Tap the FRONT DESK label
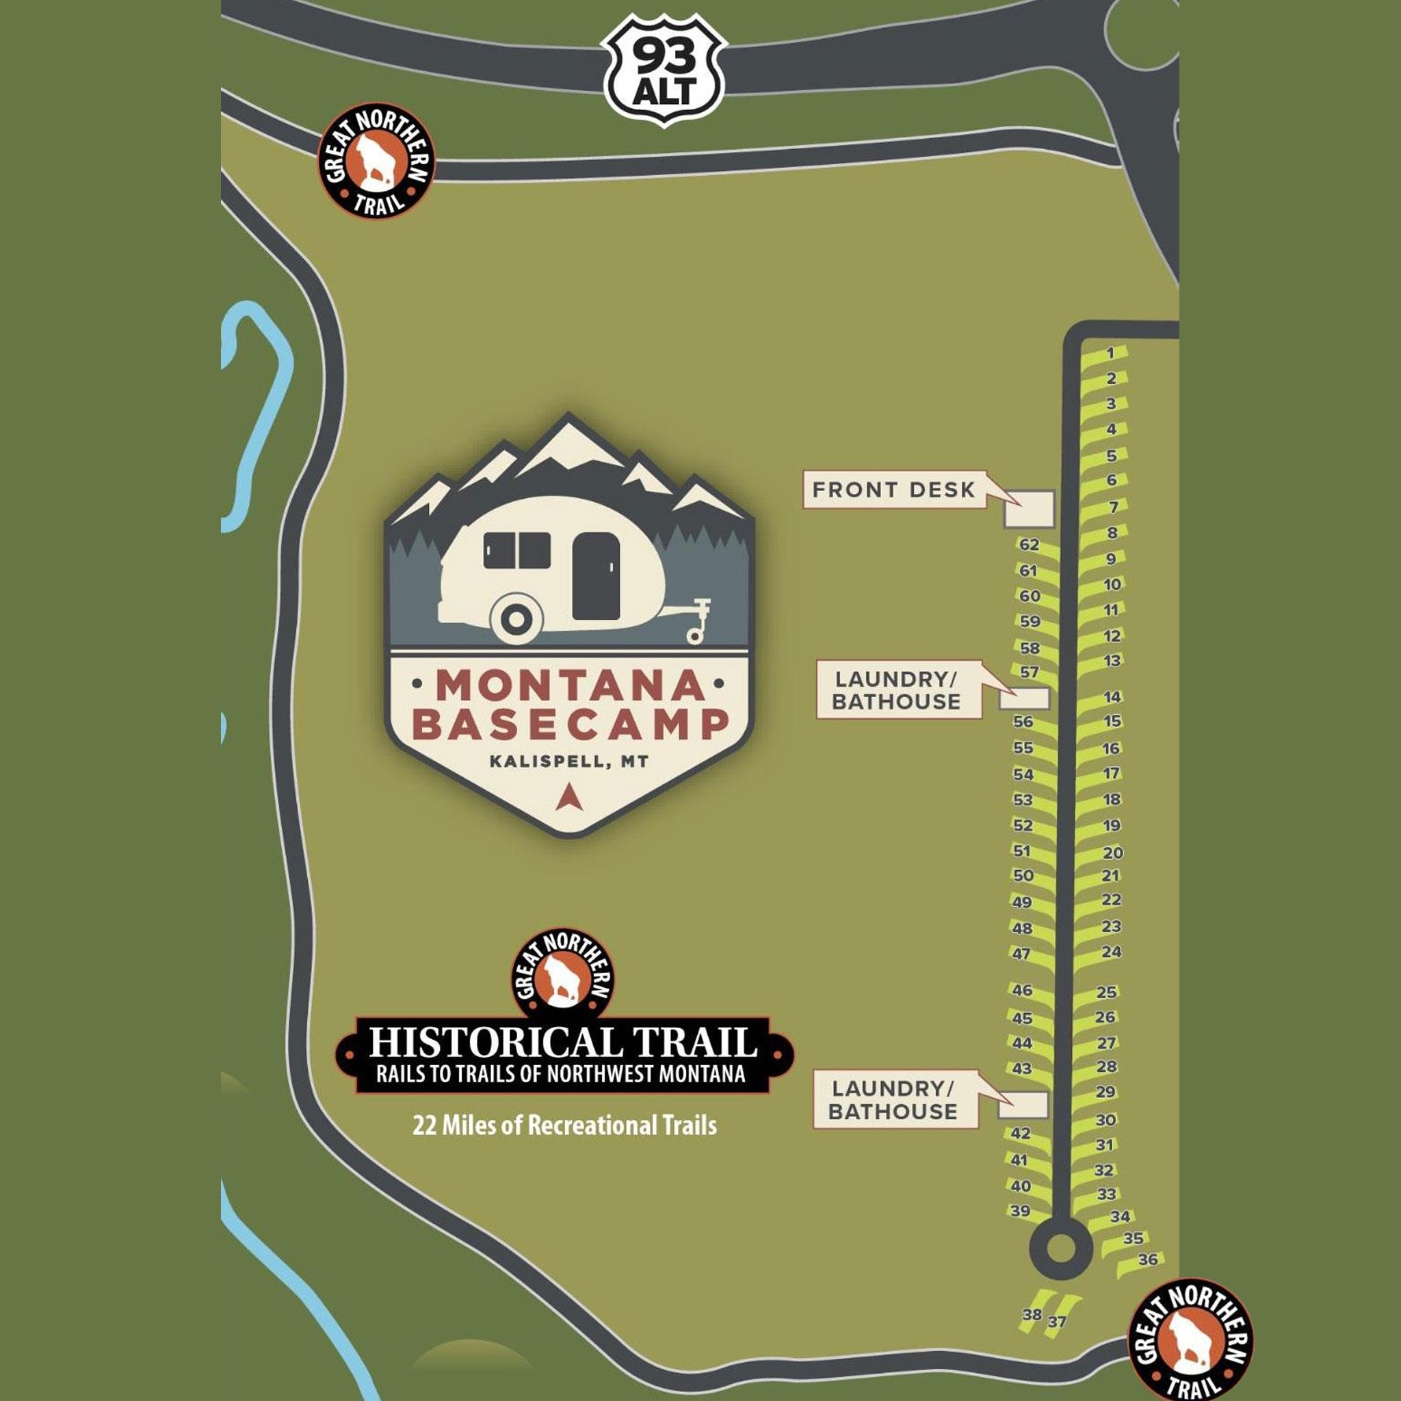tap(893, 490)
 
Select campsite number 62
tap(1029, 545)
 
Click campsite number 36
tap(1148, 1280)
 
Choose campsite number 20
tap(1112, 853)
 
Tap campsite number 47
tap(1021, 954)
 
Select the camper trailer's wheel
tap(516, 619)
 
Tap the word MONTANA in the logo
tap(570, 685)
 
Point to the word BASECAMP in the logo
tap(570, 724)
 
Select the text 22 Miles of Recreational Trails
tap(564, 1125)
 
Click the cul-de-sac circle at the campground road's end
tap(1061, 1248)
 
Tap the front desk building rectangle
tap(1028, 509)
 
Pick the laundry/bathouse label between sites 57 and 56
tap(897, 690)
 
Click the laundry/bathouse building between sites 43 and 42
tap(1023, 1105)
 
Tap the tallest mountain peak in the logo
tap(568, 428)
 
